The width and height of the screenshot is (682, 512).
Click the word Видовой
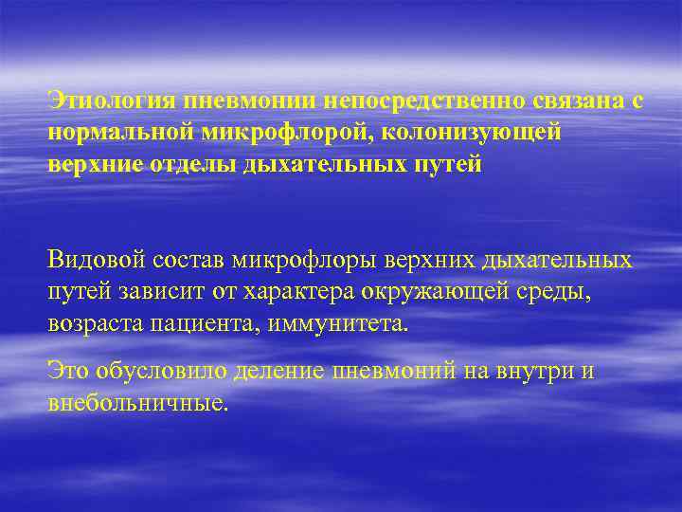click(x=97, y=259)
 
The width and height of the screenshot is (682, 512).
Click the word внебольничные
click(x=137, y=402)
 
